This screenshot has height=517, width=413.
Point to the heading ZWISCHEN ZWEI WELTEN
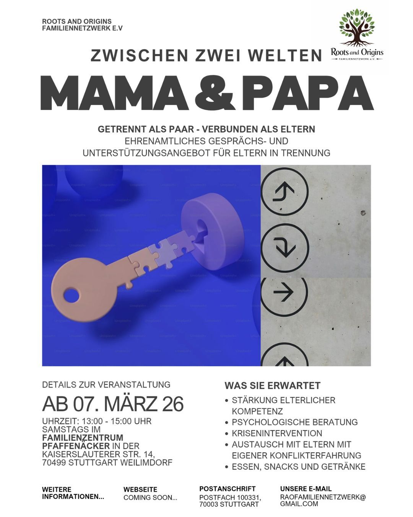(206, 56)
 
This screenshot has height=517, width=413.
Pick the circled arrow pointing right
(284, 292)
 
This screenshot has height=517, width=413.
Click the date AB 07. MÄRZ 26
(113, 404)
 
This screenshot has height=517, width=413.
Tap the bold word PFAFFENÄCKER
(76, 446)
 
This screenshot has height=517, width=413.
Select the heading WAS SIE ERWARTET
(272, 386)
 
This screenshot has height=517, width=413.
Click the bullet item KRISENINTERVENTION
(277, 433)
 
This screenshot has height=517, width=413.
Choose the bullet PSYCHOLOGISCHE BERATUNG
(294, 422)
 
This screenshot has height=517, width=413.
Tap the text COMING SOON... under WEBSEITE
(150, 498)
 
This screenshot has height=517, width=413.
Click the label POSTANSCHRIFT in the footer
(227, 489)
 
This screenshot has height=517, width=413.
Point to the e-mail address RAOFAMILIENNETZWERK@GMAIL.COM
(323, 501)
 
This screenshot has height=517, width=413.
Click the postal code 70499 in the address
(54, 463)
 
